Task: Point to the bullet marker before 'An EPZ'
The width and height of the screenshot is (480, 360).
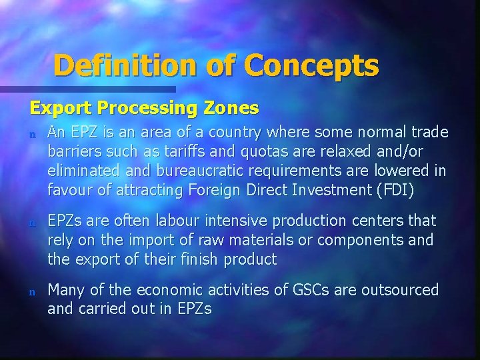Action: coord(31,133)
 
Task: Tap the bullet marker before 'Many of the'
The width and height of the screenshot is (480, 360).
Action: coord(31,291)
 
